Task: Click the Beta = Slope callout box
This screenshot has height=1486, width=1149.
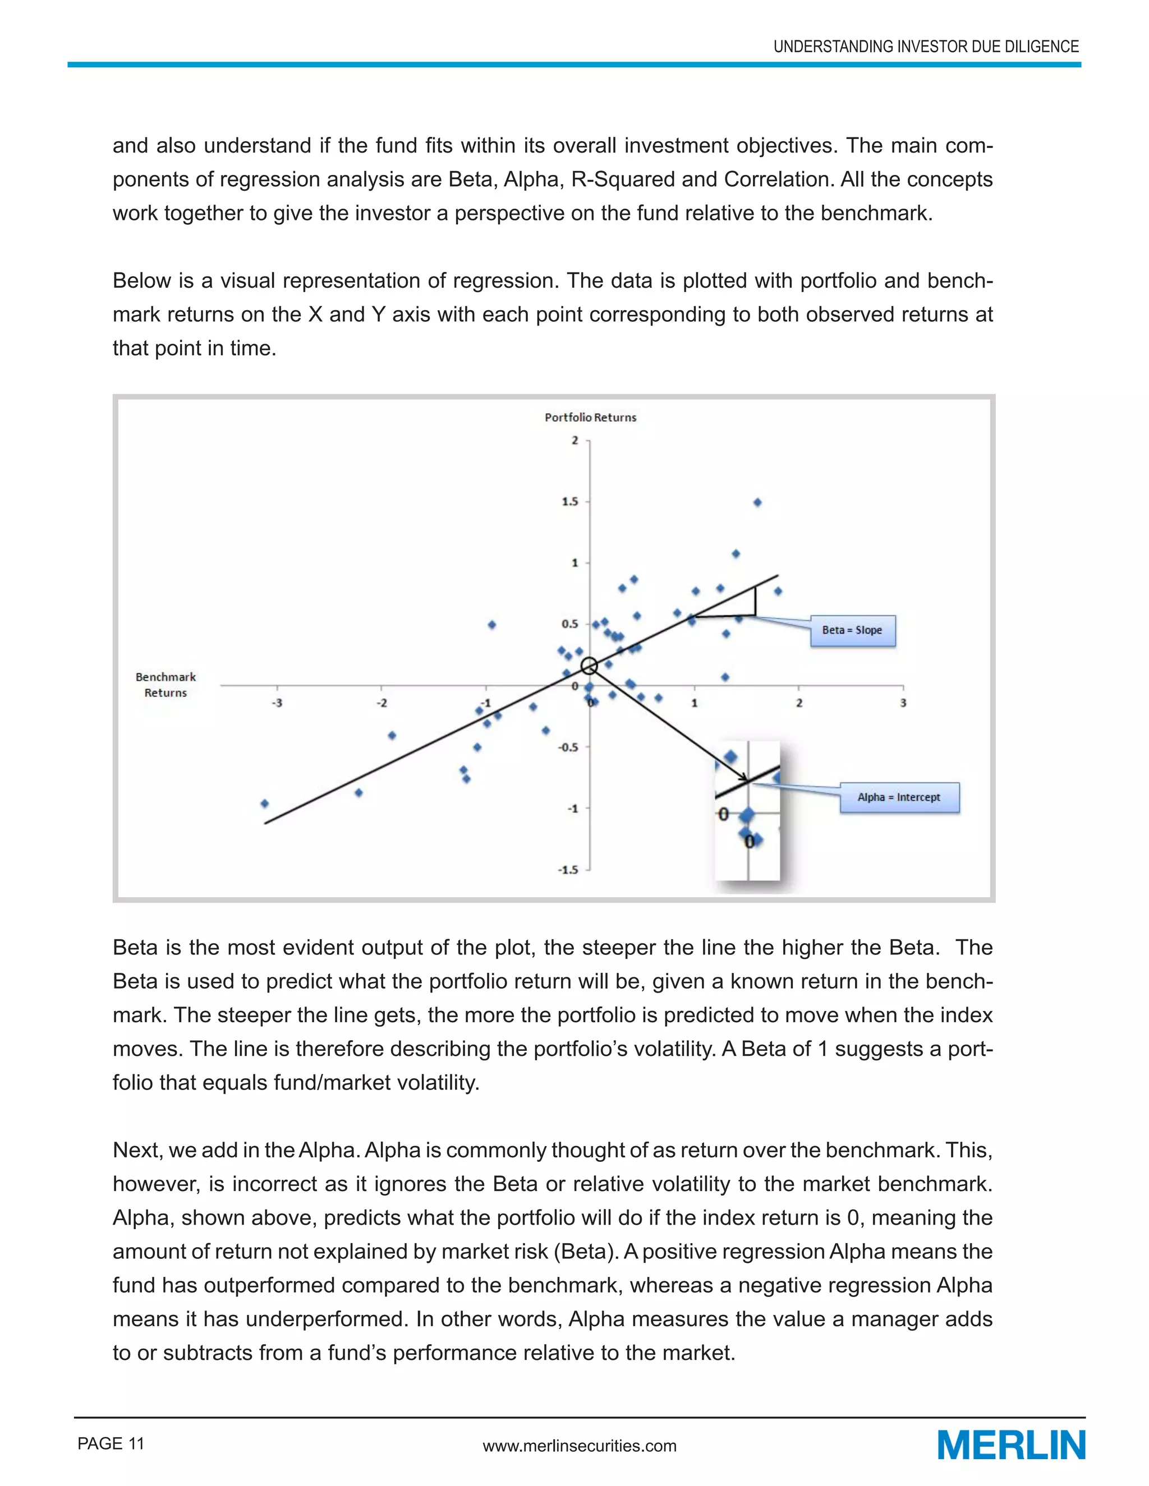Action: point(852,631)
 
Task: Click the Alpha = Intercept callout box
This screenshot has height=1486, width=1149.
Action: point(899,797)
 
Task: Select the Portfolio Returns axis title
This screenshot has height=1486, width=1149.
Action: point(590,417)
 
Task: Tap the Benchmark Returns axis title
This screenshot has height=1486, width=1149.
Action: point(166,685)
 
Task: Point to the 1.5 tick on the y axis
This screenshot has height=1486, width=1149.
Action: point(571,501)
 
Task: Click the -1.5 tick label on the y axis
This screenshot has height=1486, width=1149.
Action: point(568,870)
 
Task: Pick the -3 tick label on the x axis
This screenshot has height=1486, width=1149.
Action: point(277,703)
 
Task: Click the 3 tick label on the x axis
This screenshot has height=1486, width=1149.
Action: point(903,703)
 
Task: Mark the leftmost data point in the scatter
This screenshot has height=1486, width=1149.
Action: point(265,804)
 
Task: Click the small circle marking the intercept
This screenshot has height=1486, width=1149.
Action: point(590,666)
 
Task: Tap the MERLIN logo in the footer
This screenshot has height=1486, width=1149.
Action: point(1011,1445)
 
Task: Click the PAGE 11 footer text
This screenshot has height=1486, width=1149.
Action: point(111,1443)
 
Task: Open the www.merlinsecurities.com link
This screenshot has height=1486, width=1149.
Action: point(579,1446)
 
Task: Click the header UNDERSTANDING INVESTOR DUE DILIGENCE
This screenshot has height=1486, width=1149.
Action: point(926,47)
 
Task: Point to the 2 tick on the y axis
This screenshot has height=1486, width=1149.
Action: point(575,440)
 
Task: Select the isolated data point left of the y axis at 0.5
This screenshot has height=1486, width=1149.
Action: point(492,625)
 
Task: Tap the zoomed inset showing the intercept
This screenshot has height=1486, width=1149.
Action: point(747,810)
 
